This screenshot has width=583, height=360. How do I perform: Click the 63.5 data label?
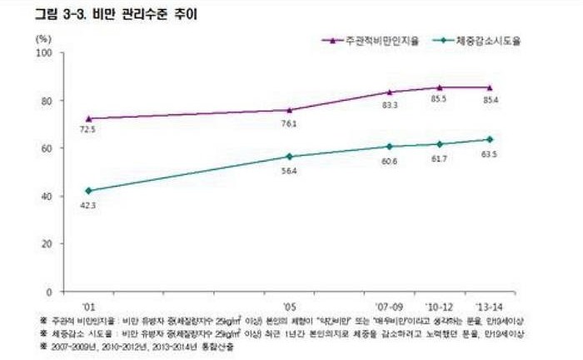point(489,155)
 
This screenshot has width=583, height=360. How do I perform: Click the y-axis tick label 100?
point(45,53)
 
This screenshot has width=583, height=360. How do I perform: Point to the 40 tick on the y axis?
point(47,197)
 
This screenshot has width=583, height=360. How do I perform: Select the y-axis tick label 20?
point(47,244)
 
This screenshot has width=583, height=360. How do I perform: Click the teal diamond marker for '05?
point(289,156)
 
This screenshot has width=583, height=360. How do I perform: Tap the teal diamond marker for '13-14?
point(490,139)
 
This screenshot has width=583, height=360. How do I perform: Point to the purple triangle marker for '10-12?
point(440,87)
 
